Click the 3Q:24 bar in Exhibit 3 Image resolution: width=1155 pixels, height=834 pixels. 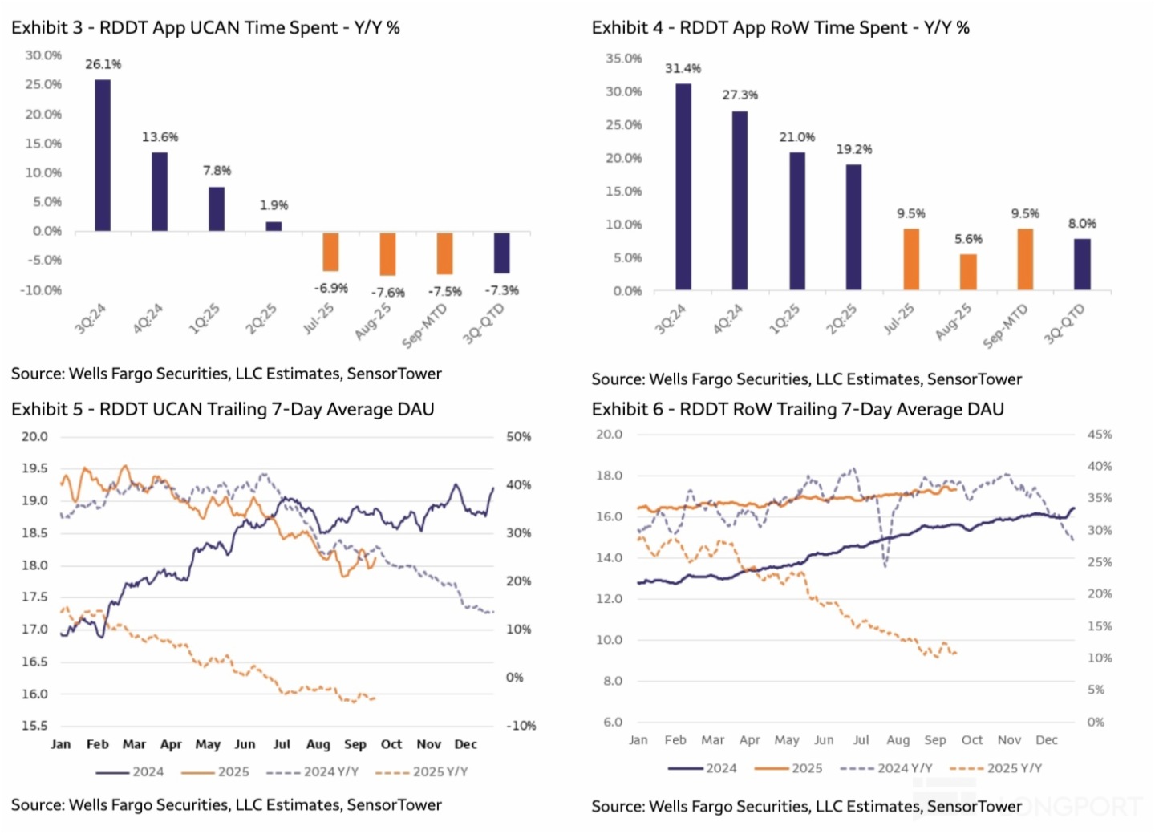(x=103, y=156)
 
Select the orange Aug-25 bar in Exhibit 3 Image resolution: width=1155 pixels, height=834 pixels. (x=387, y=254)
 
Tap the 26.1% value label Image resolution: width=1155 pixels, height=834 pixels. (x=103, y=64)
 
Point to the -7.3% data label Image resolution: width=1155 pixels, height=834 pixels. (x=501, y=290)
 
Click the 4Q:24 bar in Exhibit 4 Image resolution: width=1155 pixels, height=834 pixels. (x=740, y=200)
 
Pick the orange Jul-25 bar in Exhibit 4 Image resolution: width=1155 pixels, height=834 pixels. (x=911, y=259)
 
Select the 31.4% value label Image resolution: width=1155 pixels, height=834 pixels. (x=683, y=69)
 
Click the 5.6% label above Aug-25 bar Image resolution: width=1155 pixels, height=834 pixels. (x=968, y=239)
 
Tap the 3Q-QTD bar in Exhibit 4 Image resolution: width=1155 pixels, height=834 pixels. (x=1082, y=264)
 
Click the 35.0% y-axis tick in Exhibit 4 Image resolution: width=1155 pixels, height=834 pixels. (x=623, y=59)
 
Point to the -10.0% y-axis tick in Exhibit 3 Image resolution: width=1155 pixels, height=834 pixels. (x=41, y=290)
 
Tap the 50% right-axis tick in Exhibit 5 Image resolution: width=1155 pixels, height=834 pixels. (x=518, y=437)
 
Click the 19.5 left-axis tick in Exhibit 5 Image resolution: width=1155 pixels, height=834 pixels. (x=34, y=468)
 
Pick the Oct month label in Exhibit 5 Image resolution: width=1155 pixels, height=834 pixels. (x=391, y=744)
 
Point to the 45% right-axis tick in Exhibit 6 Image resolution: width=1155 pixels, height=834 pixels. (x=1100, y=435)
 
